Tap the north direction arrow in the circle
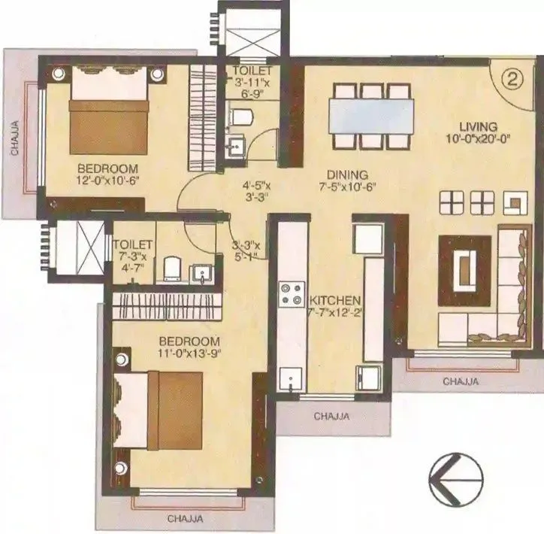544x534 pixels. (x=455, y=482)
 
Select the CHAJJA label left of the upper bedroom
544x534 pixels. (x=14, y=136)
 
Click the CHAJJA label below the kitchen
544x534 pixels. (x=333, y=414)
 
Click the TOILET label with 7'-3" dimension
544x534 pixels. (x=133, y=245)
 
